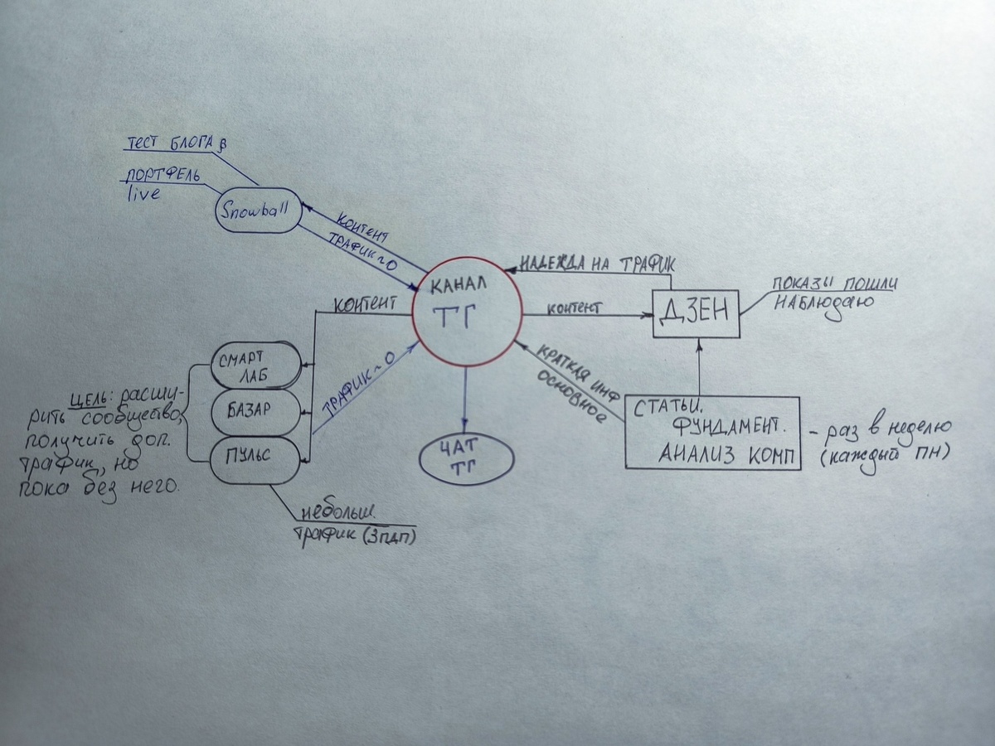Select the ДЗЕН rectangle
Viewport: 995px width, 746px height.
(696, 314)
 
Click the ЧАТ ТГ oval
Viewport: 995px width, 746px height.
(465, 459)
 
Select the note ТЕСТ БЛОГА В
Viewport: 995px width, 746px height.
(175, 144)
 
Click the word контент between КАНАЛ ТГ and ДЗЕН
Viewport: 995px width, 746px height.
(572, 307)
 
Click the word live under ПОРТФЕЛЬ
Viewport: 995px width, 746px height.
(143, 194)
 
